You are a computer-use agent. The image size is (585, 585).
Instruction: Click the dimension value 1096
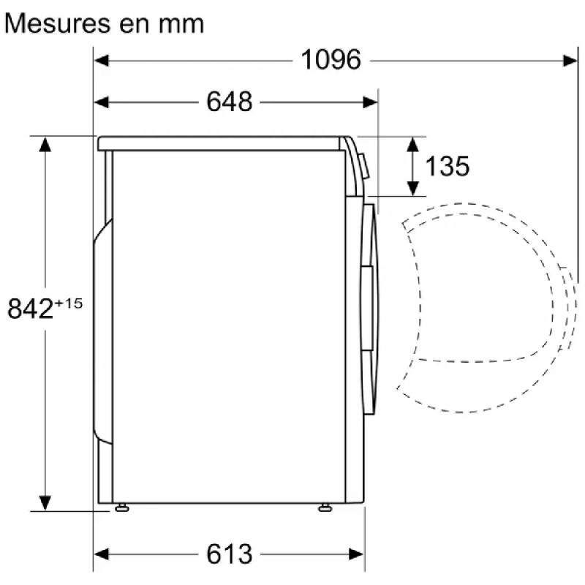click(x=331, y=60)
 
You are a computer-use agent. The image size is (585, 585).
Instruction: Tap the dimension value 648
click(x=230, y=102)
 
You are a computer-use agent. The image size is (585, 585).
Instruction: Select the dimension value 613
click(x=230, y=554)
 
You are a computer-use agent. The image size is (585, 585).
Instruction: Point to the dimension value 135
click(x=447, y=166)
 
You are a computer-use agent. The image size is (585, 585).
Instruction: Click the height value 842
click(x=30, y=309)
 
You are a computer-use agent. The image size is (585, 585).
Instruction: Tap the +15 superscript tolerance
click(x=69, y=303)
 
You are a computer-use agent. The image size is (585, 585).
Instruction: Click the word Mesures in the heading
click(x=58, y=24)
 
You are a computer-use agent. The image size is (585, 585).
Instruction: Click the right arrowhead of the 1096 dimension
click(x=570, y=61)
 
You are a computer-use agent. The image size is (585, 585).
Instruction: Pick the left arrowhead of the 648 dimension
click(x=101, y=102)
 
